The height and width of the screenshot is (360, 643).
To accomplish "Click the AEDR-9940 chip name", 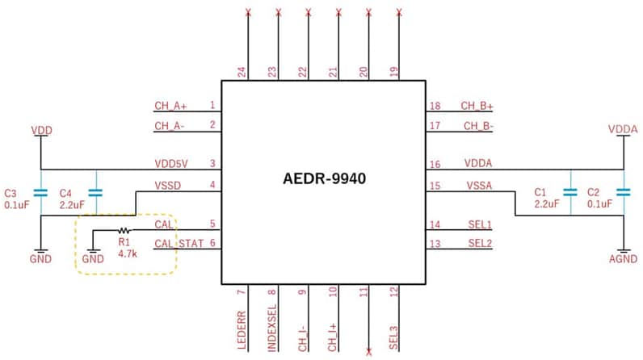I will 323,179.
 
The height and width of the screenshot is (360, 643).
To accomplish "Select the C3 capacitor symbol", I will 40,193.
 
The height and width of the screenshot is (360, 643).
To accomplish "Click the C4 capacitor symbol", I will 95,193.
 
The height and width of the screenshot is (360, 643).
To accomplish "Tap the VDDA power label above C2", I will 622,129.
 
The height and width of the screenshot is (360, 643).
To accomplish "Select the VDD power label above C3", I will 40,129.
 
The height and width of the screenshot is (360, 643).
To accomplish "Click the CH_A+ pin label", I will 170,105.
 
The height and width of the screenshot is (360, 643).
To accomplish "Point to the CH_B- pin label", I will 477,125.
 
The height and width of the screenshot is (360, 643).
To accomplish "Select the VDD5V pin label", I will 170,163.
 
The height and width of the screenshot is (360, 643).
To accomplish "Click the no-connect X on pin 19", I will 400,12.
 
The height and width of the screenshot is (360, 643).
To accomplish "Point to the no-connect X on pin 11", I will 369,351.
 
